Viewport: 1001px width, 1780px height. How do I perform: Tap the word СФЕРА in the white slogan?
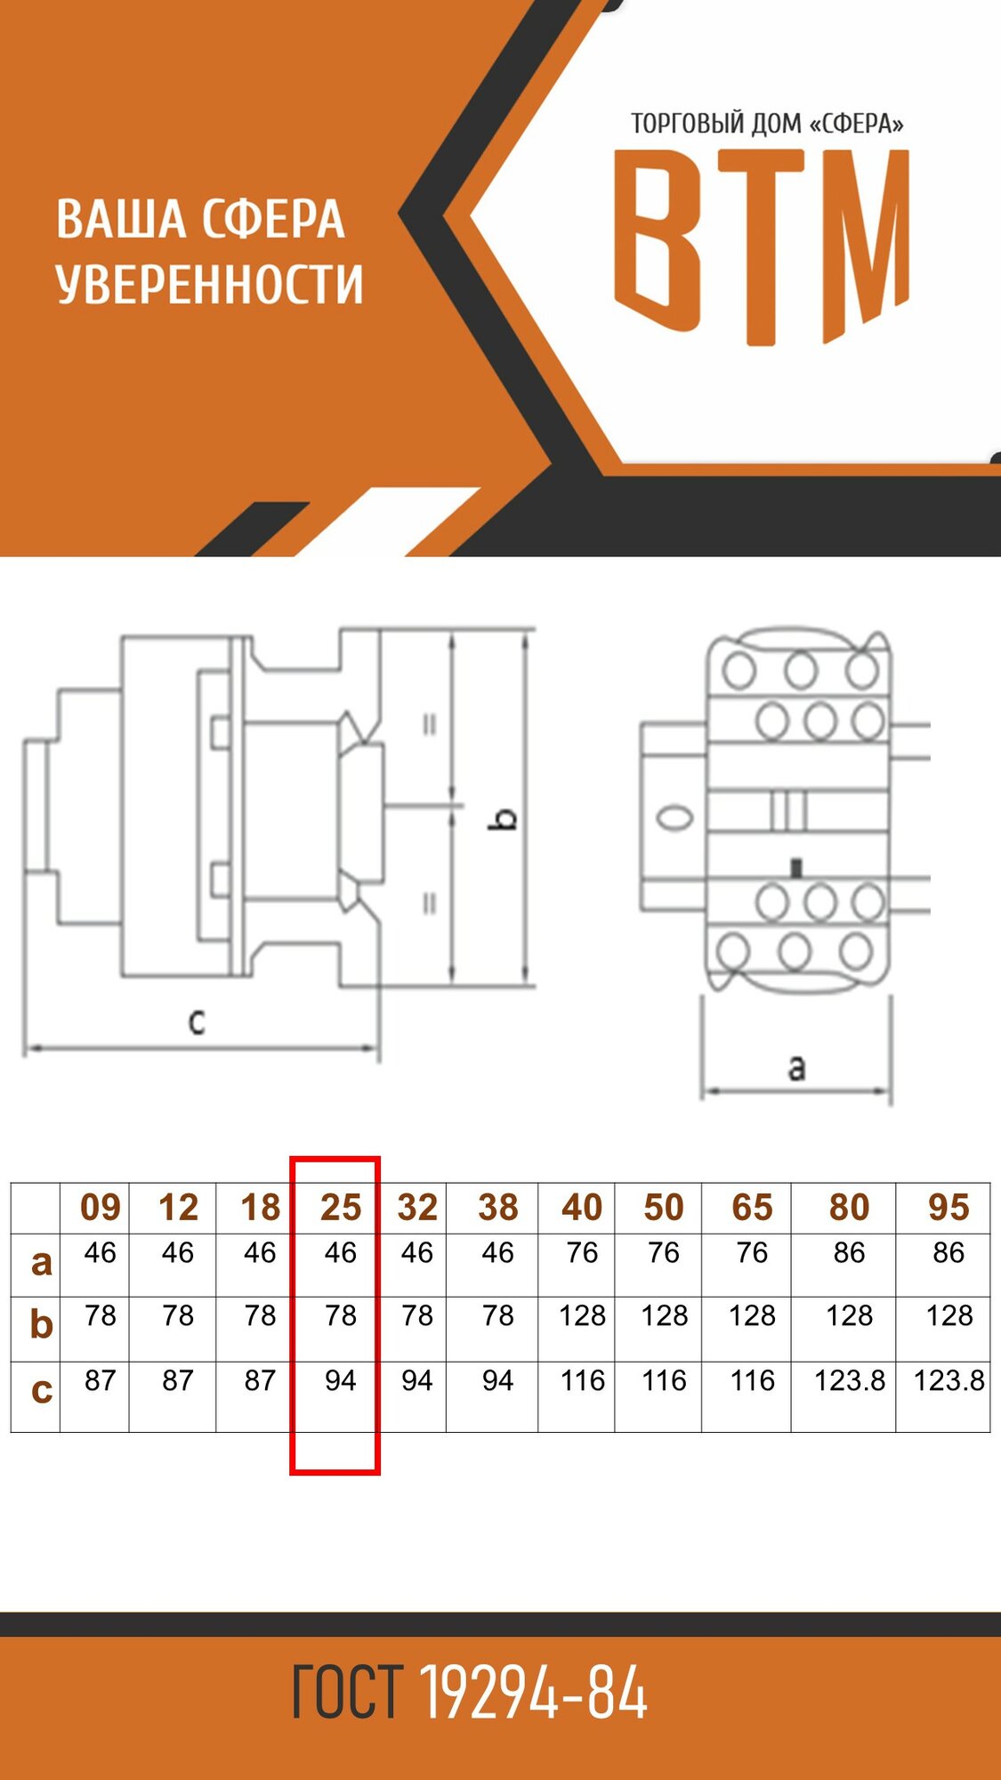pos(272,220)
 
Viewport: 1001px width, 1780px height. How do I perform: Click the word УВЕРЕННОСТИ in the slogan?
pos(209,285)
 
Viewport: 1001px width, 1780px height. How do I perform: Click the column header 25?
pos(341,1208)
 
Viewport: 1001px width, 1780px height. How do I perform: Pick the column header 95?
pos(949,1208)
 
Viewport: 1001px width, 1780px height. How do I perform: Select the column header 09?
pos(100,1208)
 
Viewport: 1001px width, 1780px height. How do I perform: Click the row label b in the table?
pos(41,1324)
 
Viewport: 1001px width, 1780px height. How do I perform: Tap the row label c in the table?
pos(41,1389)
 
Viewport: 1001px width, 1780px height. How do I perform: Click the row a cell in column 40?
pos(582,1253)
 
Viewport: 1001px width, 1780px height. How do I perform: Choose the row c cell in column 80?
pos(849,1380)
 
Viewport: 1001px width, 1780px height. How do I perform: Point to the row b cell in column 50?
pos(664,1315)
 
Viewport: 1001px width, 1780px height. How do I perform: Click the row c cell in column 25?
pos(340,1380)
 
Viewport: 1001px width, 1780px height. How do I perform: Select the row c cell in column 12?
pos(178,1380)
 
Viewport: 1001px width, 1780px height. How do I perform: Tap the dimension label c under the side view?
pos(197,1022)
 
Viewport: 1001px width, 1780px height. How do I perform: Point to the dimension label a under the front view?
pos(796,1066)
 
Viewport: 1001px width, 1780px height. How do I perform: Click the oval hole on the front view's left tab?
pos(674,817)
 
